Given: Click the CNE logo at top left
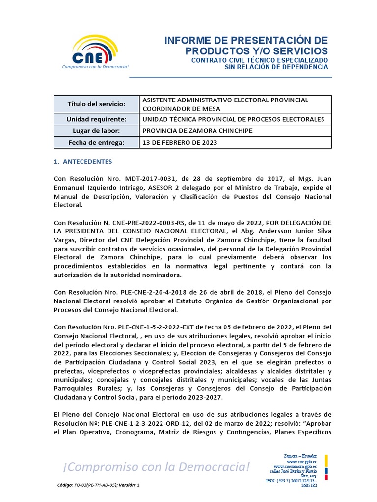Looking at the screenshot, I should click(95, 52).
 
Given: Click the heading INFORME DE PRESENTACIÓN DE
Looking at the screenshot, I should click(246, 40).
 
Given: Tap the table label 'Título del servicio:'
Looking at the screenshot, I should click(96, 104).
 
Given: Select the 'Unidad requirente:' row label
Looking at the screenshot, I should click(96, 119).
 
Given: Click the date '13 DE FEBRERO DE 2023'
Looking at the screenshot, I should click(179, 143).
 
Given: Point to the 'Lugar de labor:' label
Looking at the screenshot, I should click(96, 131).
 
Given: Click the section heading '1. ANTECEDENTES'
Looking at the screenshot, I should click(83, 161).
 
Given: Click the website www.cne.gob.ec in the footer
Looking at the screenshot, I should click(301, 462).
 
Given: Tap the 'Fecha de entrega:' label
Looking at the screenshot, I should click(96, 143).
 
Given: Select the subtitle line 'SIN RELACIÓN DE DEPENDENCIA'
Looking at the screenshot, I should click(276, 67).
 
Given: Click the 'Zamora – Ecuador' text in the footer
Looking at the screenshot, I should click(300, 456).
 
